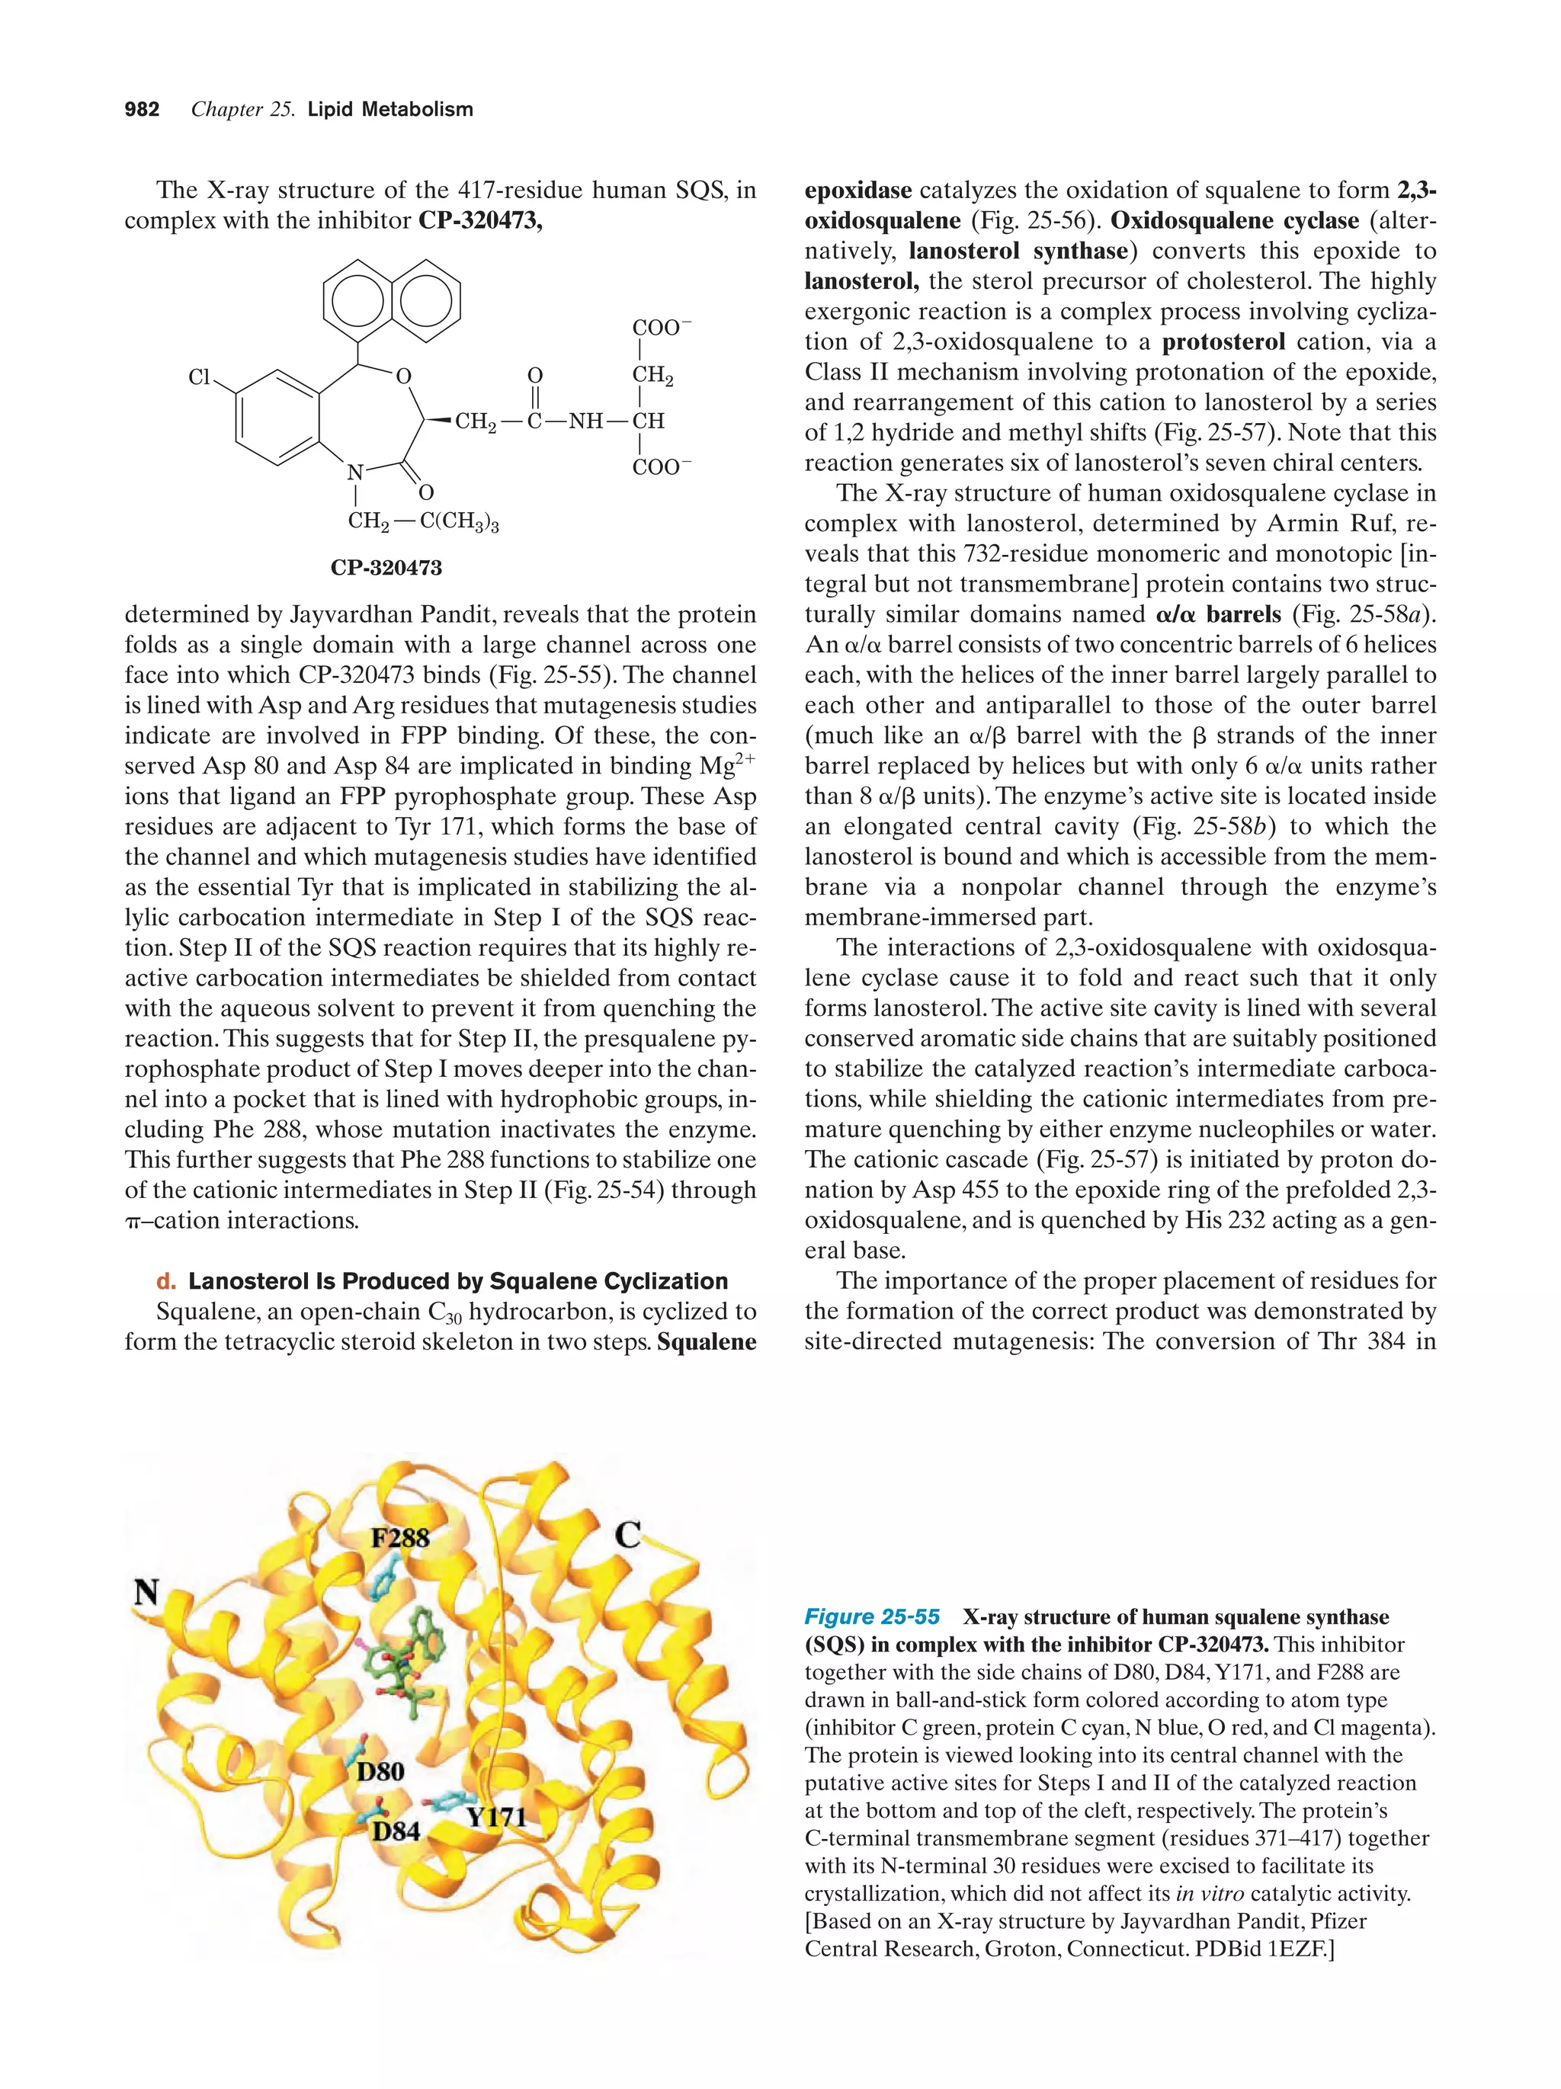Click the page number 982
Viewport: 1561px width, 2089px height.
[x=142, y=110]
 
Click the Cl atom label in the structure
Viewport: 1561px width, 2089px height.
[x=199, y=376]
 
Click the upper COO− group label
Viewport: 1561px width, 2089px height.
[x=661, y=328]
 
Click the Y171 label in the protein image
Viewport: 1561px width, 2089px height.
[x=495, y=1817]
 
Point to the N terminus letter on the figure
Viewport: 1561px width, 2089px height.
[x=146, y=1593]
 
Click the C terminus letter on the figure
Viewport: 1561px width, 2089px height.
[x=628, y=1536]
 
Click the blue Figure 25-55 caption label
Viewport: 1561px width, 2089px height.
[x=870, y=1616]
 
